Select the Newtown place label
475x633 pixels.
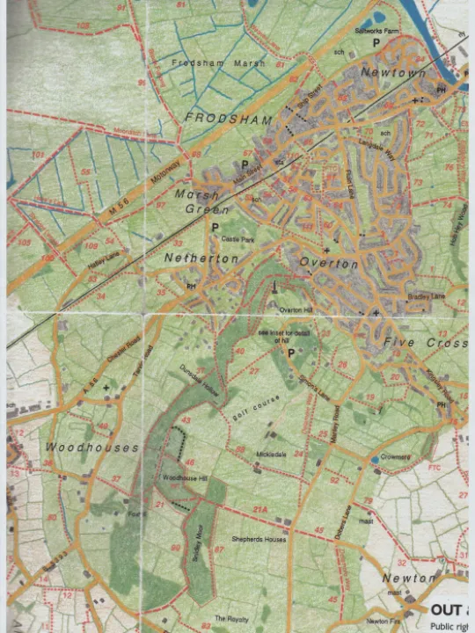393,72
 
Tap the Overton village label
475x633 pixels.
328,263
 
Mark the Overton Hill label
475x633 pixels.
296,309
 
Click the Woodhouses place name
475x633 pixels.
92,447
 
